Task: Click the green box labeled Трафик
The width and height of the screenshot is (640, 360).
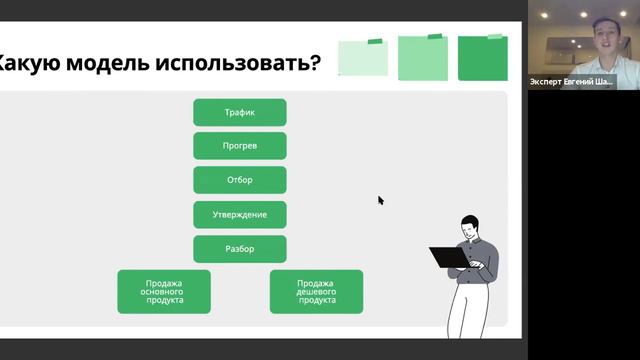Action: click(x=240, y=112)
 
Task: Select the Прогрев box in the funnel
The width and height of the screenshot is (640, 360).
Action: click(x=240, y=146)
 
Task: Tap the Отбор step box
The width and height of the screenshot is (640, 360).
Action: click(x=240, y=180)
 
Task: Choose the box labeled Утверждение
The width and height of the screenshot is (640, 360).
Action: click(x=240, y=214)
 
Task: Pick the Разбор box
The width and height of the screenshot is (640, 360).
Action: click(x=240, y=248)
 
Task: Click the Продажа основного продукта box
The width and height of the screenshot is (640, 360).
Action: click(x=164, y=291)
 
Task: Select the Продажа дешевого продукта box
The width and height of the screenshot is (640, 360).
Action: click(x=316, y=291)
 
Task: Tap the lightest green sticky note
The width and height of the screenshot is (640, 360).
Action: click(x=362, y=58)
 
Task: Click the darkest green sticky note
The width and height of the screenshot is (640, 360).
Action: click(x=482, y=58)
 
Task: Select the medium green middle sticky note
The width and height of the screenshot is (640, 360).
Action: click(x=423, y=58)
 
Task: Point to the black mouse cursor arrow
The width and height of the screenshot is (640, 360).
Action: click(x=380, y=199)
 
